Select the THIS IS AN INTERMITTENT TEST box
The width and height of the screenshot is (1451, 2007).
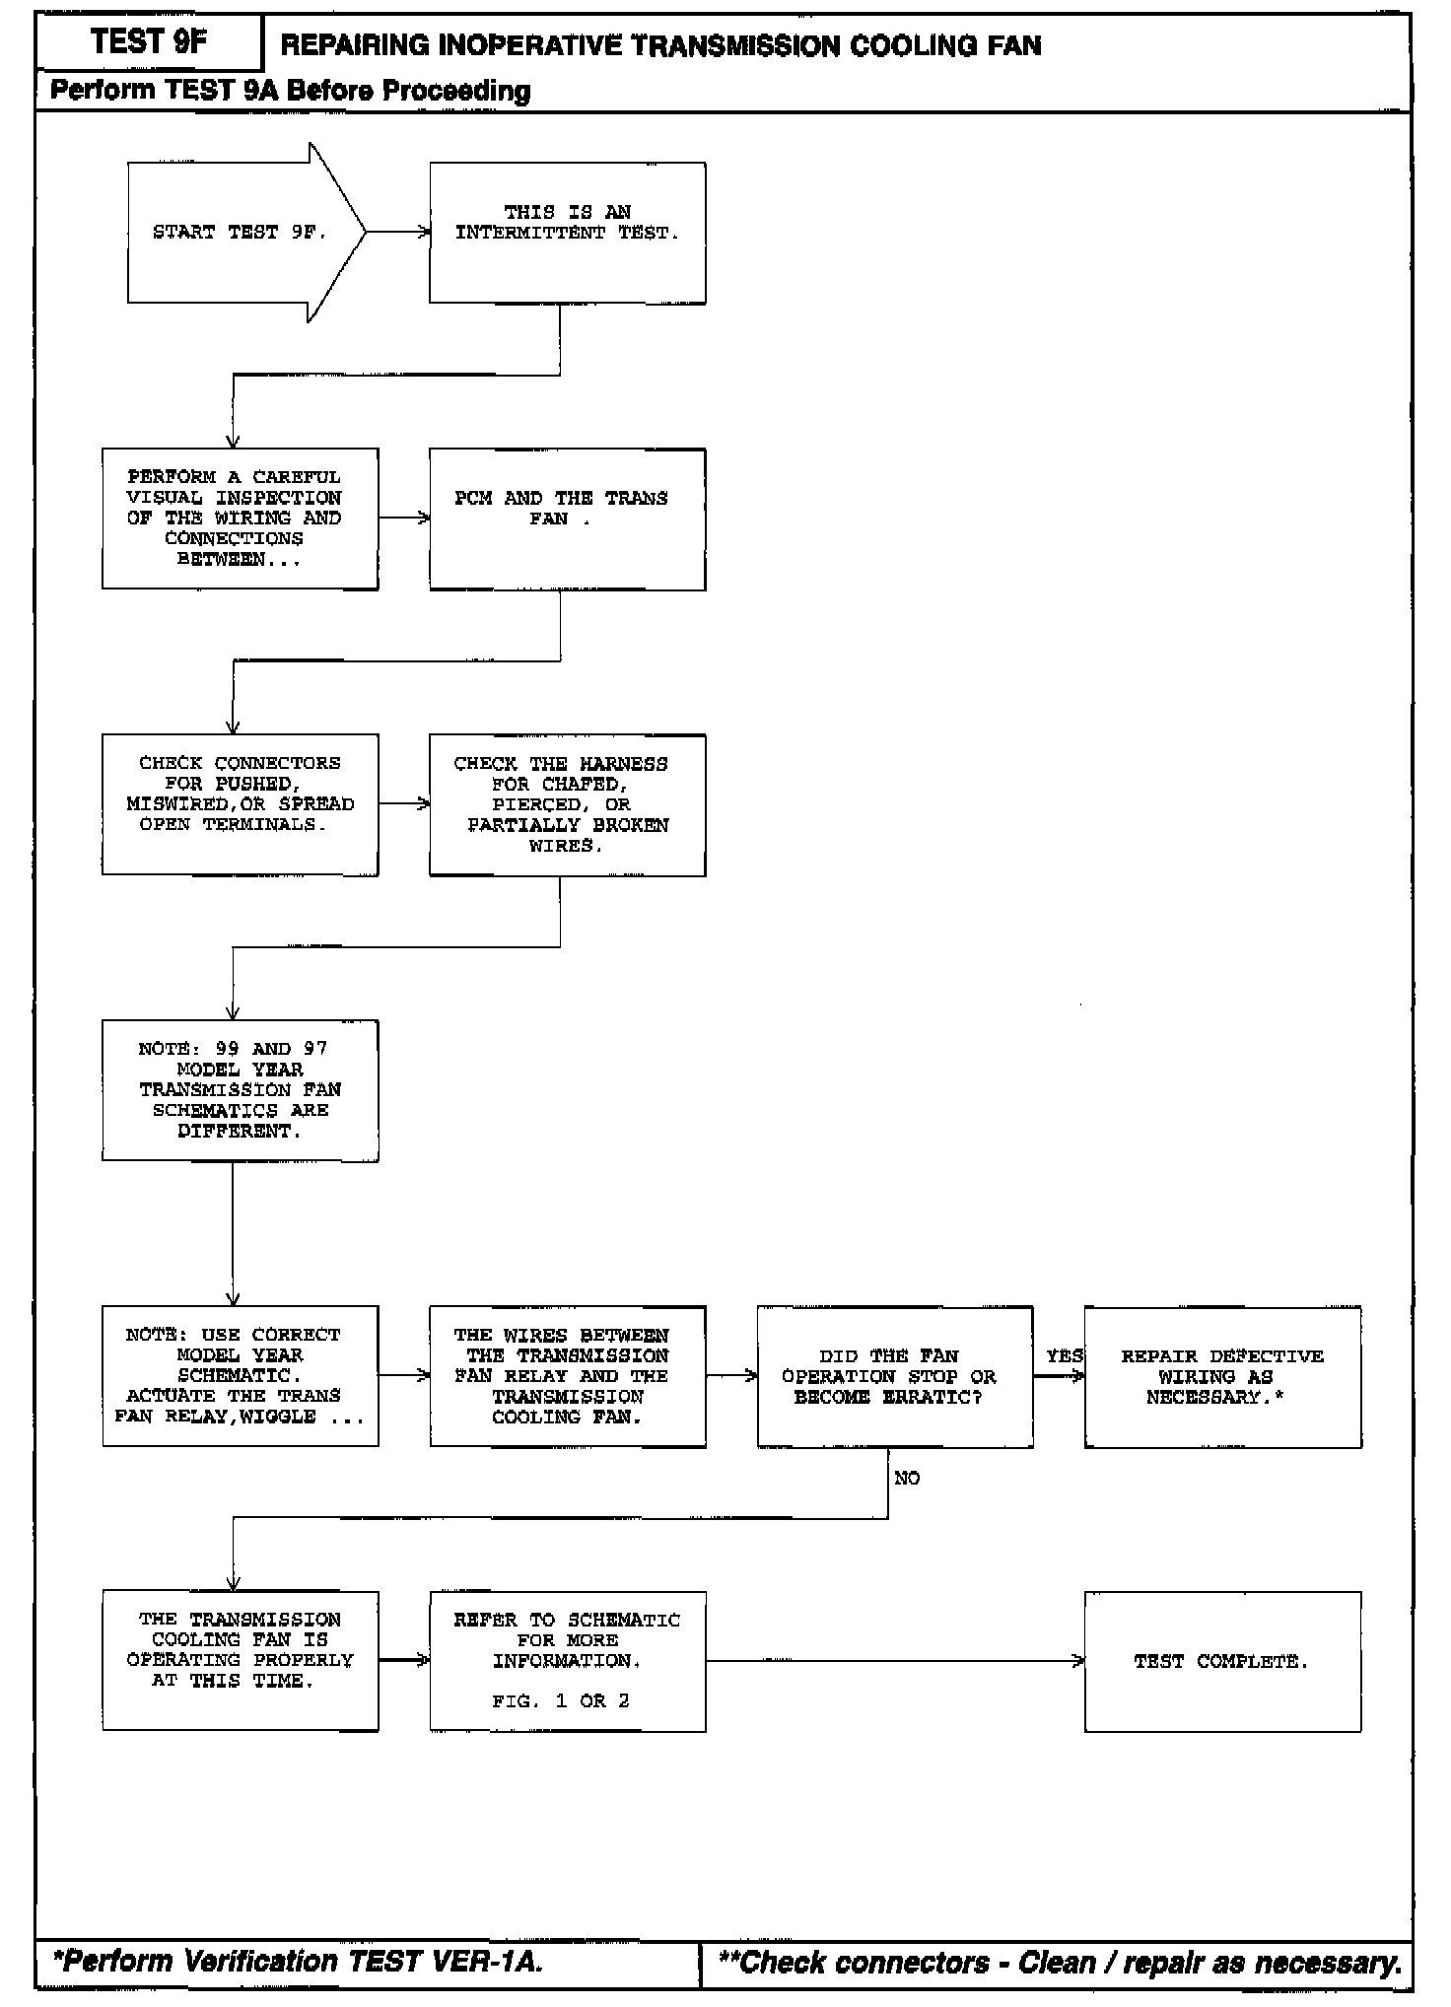click(567, 233)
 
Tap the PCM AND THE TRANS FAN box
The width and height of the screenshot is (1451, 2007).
click(567, 519)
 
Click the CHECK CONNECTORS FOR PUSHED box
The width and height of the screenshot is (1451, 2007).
click(240, 804)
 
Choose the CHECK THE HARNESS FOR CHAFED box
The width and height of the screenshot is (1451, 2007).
click(567, 804)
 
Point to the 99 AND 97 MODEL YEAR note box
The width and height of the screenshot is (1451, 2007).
click(240, 1090)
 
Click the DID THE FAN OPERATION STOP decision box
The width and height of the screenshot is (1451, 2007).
click(894, 1376)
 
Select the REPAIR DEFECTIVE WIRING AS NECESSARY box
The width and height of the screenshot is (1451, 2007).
click(1222, 1376)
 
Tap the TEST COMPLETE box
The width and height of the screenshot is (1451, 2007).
click(1222, 1662)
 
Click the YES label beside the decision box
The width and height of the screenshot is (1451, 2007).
click(1064, 1356)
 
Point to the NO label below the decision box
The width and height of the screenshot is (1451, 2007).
click(907, 1478)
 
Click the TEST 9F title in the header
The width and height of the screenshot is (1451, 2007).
click(149, 41)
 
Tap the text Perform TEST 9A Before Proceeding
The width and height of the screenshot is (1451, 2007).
click(290, 91)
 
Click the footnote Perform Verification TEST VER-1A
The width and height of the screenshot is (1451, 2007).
click(297, 1962)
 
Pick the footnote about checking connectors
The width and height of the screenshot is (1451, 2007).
click(1060, 1963)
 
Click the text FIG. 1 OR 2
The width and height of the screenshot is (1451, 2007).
click(560, 1701)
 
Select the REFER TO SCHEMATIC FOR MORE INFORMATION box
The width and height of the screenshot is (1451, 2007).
click(567, 1651)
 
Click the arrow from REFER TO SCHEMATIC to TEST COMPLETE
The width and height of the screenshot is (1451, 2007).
click(894, 1661)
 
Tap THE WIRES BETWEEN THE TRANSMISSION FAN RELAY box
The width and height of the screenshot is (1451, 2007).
click(567, 1376)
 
